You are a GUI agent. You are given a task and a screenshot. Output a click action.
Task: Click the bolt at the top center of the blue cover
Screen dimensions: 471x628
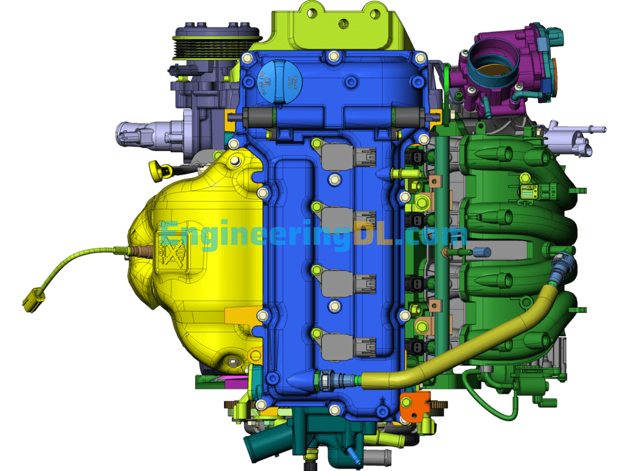pos(333,56)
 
